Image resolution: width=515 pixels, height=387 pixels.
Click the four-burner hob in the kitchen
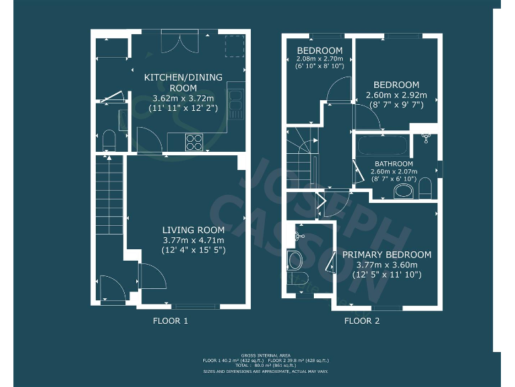pos(194,142)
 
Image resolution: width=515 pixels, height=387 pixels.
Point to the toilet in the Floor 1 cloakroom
pos(110,141)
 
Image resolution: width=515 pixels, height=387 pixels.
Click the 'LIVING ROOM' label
pos(194,230)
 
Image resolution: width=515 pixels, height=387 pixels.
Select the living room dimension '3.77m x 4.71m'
pos(194,241)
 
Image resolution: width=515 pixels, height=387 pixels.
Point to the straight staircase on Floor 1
pos(109,195)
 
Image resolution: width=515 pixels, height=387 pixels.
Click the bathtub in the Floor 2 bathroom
pos(380,146)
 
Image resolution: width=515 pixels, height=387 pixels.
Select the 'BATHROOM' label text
pos(394,164)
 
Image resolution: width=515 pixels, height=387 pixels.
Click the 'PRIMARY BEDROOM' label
pos(387,255)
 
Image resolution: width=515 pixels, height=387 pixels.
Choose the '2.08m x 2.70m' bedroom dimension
pos(320,59)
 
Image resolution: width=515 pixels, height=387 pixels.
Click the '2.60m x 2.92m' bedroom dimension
pos(396,95)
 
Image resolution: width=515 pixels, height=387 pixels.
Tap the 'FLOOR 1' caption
pos(171,321)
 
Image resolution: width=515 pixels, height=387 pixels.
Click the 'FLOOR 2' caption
pos(362,321)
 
